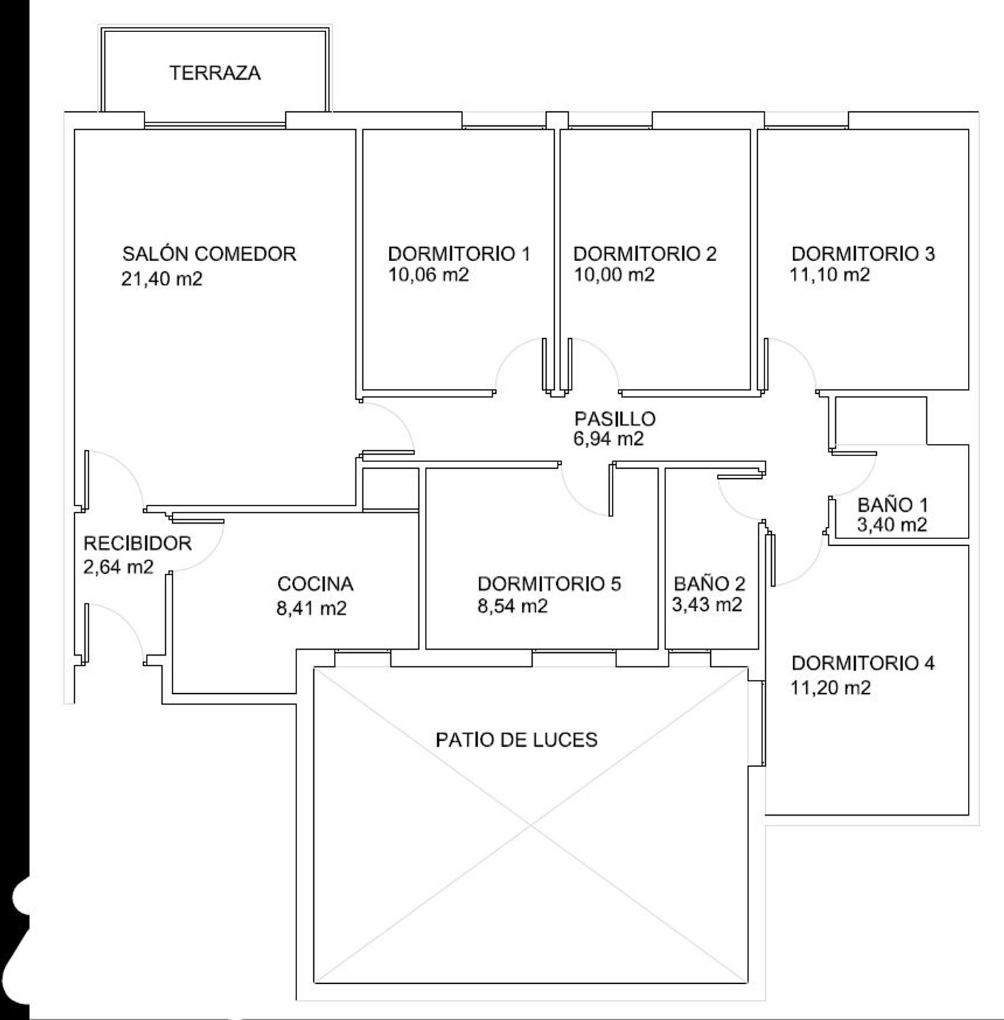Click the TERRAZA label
coord(215,73)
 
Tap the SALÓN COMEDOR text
coord(209,254)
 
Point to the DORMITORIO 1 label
coord(459,254)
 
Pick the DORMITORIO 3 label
coord(863,254)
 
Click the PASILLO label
coord(615,419)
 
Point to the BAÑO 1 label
coord(893,505)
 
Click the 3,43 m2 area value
coord(707,605)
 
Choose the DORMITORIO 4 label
coord(863,664)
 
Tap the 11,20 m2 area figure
coord(831,688)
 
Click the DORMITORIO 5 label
coord(550,584)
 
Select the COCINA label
coord(315,584)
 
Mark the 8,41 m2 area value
coord(311,609)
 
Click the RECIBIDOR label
coord(137,543)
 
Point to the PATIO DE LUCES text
coord(517,740)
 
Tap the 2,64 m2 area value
coord(118,567)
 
